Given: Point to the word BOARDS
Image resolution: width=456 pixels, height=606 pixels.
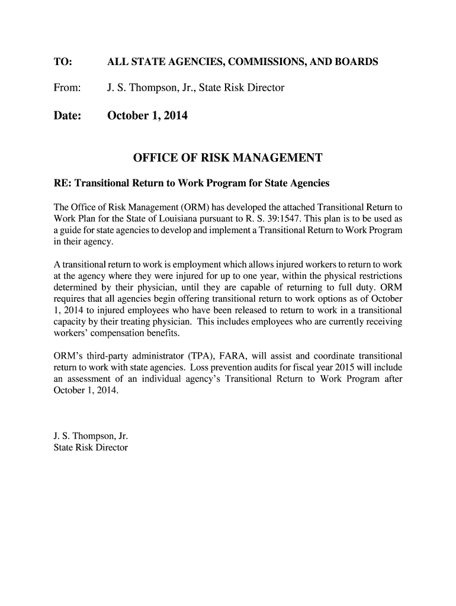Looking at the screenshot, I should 354,62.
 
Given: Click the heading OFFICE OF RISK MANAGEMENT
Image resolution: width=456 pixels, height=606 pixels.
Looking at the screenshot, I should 227,158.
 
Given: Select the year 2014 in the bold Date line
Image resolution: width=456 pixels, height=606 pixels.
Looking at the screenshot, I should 175,116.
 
